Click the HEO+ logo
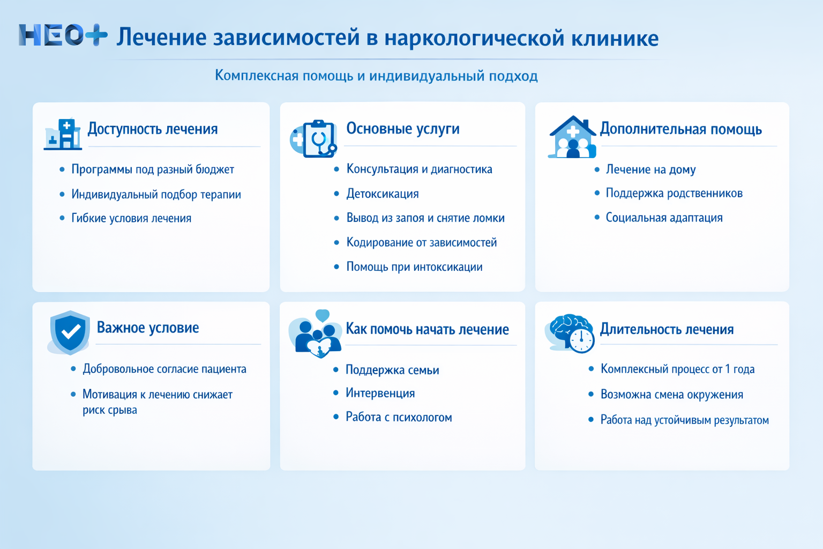(x=63, y=35)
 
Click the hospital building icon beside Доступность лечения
(x=63, y=134)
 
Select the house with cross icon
(x=572, y=138)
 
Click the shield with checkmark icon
(x=70, y=332)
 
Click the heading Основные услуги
(x=403, y=129)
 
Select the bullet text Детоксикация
(x=383, y=194)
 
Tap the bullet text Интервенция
(x=380, y=393)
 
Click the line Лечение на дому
(x=650, y=169)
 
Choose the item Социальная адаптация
(x=664, y=218)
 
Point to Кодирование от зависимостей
(x=421, y=242)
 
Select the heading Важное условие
(x=148, y=328)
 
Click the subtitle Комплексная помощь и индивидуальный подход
(x=376, y=76)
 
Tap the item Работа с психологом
(x=399, y=417)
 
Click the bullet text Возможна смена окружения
(x=671, y=395)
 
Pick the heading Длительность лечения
(x=667, y=329)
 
